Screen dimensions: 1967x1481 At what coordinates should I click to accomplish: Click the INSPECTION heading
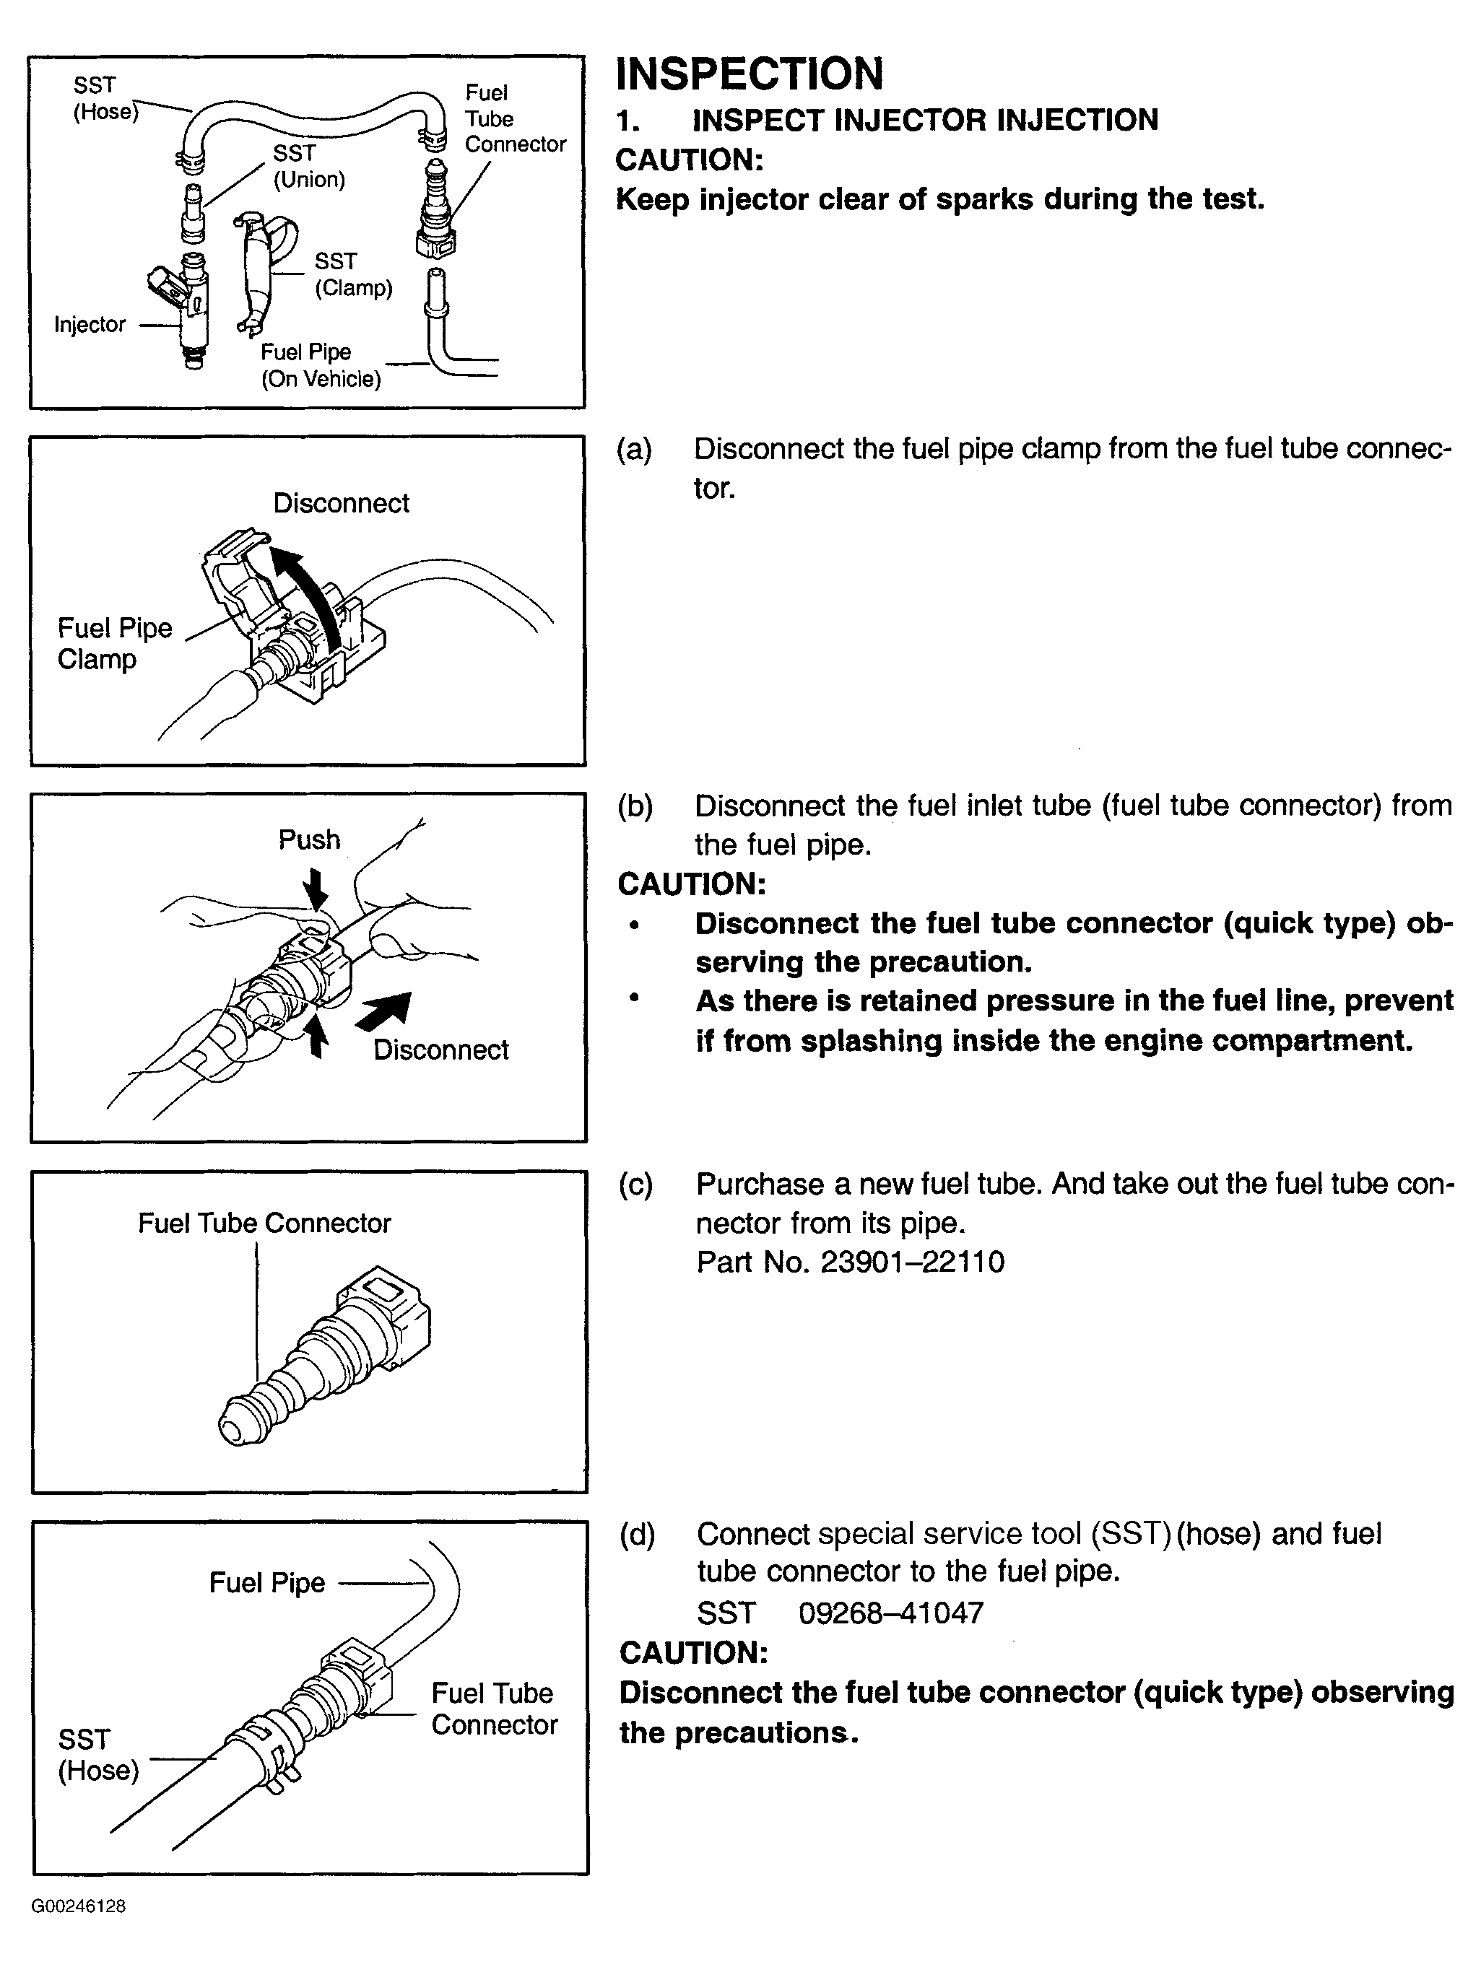pos(749,74)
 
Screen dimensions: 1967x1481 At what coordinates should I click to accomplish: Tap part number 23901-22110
pos(912,1262)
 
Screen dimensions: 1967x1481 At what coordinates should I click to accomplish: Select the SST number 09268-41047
pos(890,1613)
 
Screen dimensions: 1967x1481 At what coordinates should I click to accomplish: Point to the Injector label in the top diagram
pos(90,325)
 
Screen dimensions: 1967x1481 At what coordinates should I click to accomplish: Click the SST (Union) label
pos(308,166)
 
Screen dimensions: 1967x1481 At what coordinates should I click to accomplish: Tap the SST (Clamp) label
pos(353,274)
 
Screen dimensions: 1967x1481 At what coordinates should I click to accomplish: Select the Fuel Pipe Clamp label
pos(114,644)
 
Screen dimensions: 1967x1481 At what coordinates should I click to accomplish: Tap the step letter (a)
pos(634,450)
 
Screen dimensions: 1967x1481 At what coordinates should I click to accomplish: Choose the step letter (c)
pos(636,1185)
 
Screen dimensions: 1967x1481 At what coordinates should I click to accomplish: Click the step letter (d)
pos(637,1534)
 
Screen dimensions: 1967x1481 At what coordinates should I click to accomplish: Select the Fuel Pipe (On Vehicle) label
pos(320,365)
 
